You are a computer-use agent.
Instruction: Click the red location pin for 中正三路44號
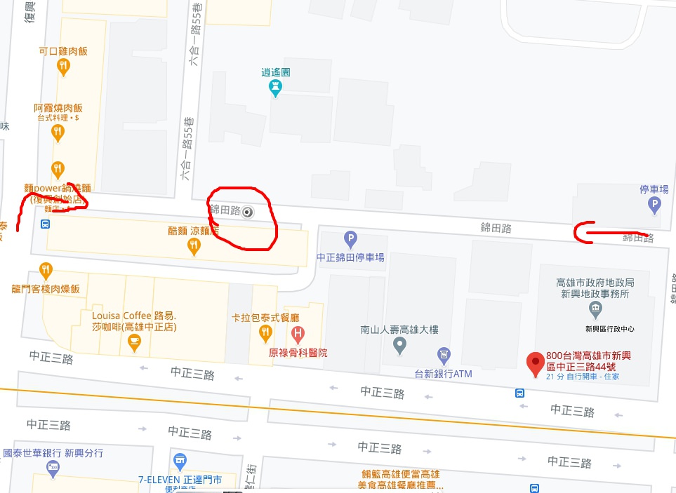[536, 364]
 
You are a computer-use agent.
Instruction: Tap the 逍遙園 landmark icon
[276, 88]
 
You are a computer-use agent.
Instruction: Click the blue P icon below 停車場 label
[654, 205]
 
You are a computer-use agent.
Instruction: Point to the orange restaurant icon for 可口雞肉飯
[64, 67]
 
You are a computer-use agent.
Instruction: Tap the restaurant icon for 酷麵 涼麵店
[194, 245]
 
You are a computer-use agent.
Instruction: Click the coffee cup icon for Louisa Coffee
[133, 342]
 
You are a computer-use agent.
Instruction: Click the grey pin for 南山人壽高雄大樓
[399, 344]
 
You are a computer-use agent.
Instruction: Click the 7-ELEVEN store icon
[180, 461]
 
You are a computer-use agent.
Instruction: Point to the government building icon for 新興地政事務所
[595, 309]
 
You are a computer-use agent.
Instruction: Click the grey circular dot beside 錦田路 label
[247, 212]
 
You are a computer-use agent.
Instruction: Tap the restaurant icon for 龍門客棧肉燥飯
[46, 269]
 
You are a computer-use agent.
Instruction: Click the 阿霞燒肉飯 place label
[58, 109]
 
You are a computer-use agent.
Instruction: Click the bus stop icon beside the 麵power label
[46, 224]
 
